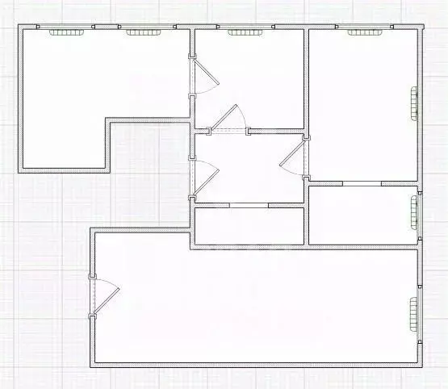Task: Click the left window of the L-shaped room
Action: (67, 32)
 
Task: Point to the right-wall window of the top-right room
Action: (415, 102)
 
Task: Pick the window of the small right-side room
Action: (415, 213)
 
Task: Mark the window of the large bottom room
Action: (415, 315)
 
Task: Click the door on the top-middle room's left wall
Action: (203, 77)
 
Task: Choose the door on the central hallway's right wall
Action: (294, 157)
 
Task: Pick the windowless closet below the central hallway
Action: (248, 225)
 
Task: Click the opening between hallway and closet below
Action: (249, 205)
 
